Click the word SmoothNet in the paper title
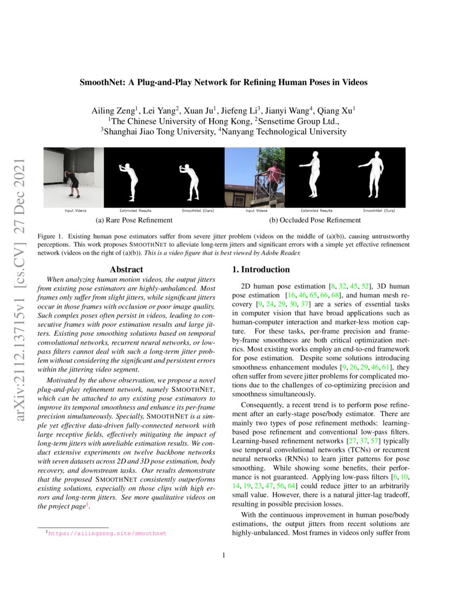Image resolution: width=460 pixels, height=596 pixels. tap(101, 83)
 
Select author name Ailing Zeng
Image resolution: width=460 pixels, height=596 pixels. tap(114, 111)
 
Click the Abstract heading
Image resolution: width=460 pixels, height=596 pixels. tap(126, 269)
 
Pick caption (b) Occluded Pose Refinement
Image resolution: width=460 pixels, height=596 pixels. tap(315, 220)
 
